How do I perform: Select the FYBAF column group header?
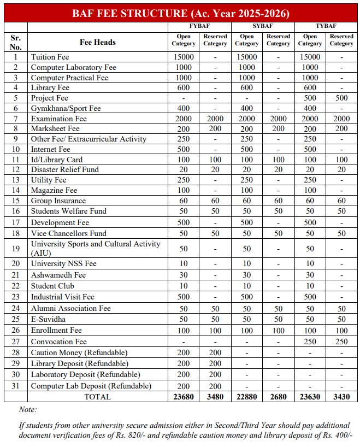(199, 26)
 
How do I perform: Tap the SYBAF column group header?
(262, 26)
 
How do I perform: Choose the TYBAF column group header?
(326, 26)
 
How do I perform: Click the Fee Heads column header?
(97, 42)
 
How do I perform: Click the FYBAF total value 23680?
(184, 397)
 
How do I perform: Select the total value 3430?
(341, 397)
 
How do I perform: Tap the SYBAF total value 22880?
(247, 397)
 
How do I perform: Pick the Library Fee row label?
(50, 87)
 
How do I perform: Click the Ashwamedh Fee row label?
(58, 275)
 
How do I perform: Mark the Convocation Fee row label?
(58, 342)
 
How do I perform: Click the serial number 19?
(16, 249)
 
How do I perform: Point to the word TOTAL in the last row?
(97, 397)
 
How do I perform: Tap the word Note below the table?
(28, 409)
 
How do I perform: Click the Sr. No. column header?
(16, 42)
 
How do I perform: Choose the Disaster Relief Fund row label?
(64, 169)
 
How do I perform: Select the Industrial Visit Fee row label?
(62, 297)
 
